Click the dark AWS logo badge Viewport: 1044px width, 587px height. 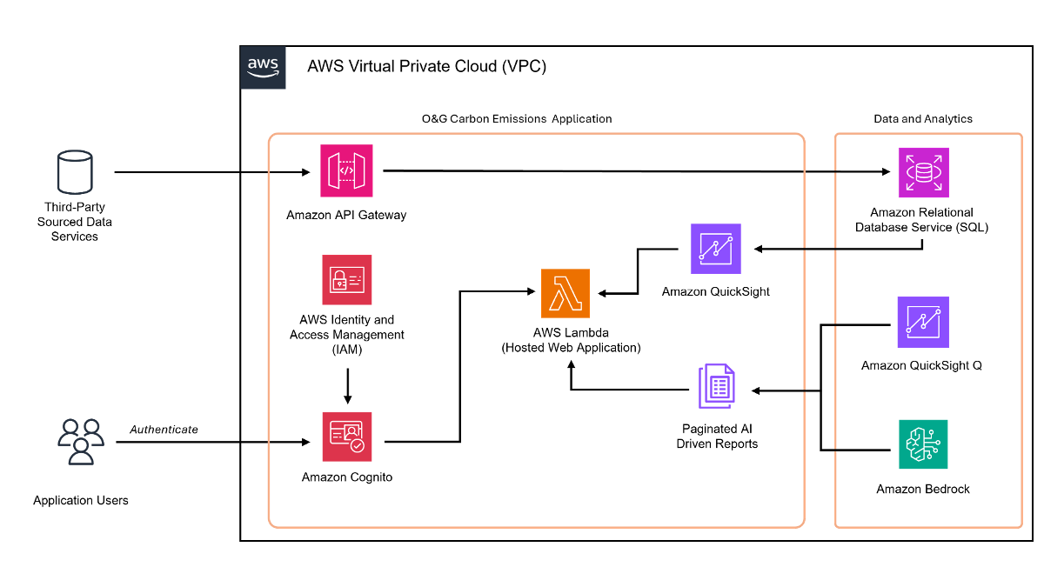click(x=263, y=68)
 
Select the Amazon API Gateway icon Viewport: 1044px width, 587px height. click(x=346, y=170)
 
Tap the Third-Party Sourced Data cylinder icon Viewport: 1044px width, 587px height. click(x=75, y=172)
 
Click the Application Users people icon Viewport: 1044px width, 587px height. click(x=81, y=442)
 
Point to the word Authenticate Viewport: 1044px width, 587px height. click(x=164, y=429)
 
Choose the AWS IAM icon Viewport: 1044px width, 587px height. click(x=347, y=279)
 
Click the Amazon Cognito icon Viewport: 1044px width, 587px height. click(x=347, y=437)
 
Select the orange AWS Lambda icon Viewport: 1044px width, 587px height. click(x=565, y=293)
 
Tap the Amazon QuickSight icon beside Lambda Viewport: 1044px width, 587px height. click(x=716, y=249)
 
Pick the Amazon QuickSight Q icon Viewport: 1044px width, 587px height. click(x=923, y=322)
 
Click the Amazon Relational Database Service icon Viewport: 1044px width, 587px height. click(x=924, y=172)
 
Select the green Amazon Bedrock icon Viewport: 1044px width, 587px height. click(x=923, y=444)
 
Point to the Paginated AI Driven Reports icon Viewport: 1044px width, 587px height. click(x=717, y=386)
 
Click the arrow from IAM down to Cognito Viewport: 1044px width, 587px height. click(x=348, y=386)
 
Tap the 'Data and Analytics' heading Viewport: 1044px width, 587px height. click(x=923, y=119)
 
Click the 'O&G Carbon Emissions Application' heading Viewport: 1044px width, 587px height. click(x=517, y=119)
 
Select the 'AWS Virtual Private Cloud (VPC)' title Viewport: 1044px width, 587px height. click(x=426, y=66)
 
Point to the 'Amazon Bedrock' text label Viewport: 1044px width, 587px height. click(x=923, y=489)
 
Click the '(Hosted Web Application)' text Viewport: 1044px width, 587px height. click(x=571, y=348)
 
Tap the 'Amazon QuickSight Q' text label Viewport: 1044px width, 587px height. click(x=921, y=365)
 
